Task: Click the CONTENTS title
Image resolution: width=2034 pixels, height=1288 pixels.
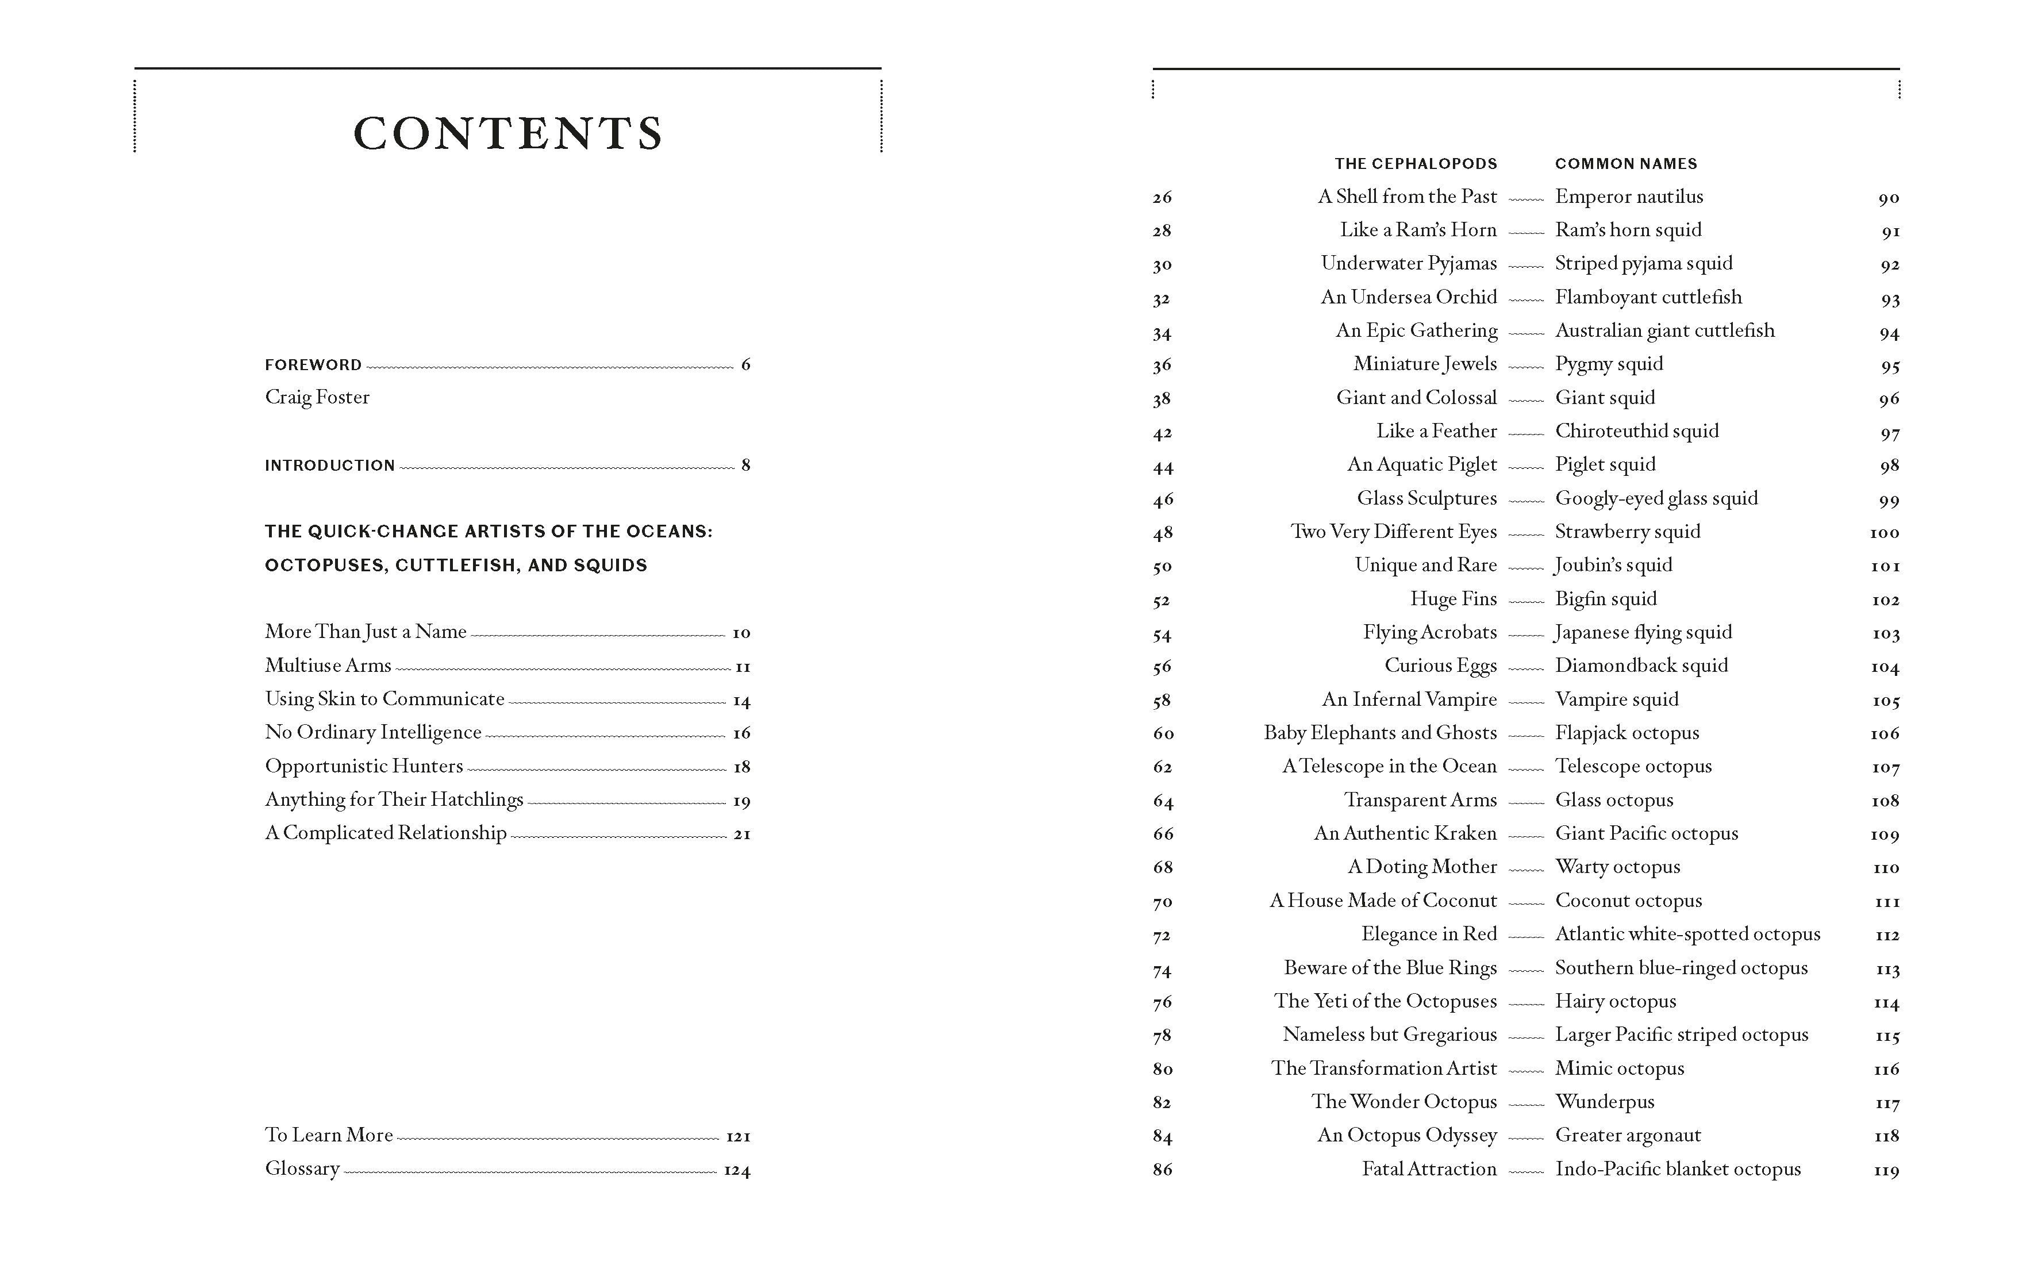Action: pos(507,133)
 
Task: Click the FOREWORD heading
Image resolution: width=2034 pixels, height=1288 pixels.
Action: pos(313,365)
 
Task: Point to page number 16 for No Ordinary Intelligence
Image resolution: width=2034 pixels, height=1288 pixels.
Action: pos(741,733)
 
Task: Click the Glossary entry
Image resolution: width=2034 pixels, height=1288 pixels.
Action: pos(302,1169)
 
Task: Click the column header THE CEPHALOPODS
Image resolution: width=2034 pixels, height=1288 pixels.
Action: pos(1415,164)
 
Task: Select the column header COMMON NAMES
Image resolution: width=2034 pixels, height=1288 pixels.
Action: pos(1625,164)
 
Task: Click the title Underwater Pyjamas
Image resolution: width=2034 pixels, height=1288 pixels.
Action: pos(1408,263)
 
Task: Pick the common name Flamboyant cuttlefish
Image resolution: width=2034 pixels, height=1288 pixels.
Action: pos(1648,297)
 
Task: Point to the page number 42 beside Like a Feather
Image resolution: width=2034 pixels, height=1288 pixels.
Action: pos(1162,433)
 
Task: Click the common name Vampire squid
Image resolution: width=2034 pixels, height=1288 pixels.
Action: pos(1617,699)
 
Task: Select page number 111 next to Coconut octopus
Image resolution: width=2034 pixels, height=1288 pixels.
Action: pos(1886,902)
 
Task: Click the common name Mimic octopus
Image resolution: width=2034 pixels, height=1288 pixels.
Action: pos(1619,1068)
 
